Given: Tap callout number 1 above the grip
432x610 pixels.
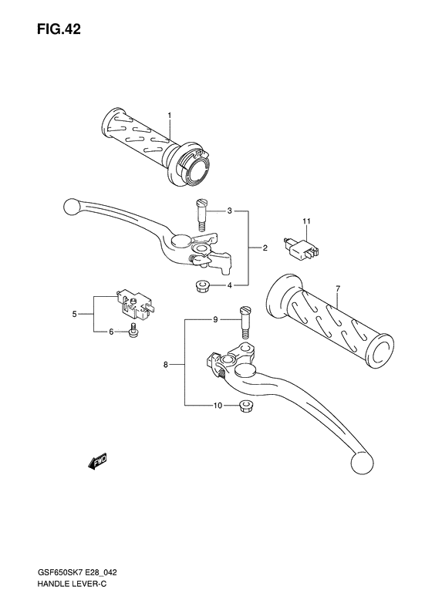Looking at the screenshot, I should pyautogui.click(x=169, y=116).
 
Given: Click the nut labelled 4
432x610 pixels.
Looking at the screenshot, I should pyautogui.click(x=201, y=286).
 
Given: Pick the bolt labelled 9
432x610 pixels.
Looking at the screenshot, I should pyautogui.click(x=245, y=319).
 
